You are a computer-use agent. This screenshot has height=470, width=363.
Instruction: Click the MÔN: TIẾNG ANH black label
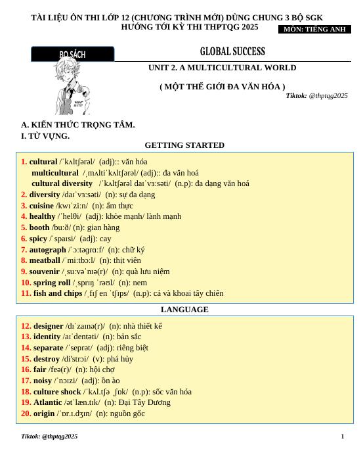pos(314,29)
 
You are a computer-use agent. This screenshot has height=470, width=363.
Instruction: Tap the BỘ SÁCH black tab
pos(72,54)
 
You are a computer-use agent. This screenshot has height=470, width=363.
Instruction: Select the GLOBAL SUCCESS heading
pos(232,51)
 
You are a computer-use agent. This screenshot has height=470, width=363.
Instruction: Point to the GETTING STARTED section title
pos(184,145)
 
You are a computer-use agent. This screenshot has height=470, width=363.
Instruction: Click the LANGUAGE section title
pos(184,309)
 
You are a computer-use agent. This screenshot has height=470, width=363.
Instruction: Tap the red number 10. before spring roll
pos(26,282)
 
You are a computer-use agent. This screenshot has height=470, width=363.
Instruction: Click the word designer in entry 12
pos(48,325)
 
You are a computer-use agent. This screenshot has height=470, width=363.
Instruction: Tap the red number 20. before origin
pos(26,413)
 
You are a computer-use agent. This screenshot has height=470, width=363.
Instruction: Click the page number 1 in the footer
pos(342,436)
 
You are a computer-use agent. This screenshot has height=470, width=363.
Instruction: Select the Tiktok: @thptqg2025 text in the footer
pos(49,436)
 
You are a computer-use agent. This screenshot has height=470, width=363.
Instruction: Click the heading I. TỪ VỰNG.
pos(45,136)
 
